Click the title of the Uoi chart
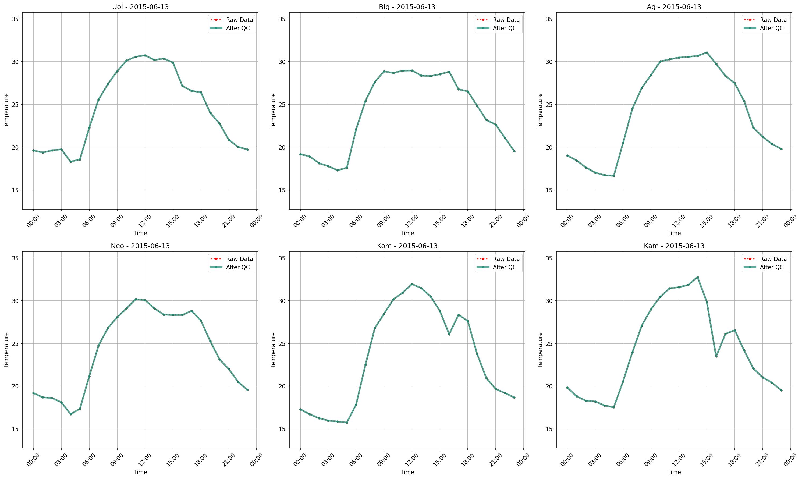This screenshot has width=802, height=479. click(x=140, y=7)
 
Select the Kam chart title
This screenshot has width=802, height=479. click(x=674, y=246)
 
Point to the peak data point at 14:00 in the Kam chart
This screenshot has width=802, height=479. click(x=697, y=277)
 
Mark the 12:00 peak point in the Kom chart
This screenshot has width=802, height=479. click(x=412, y=284)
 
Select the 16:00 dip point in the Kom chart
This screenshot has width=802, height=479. click(x=449, y=334)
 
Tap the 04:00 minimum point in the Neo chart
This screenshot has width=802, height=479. click(x=71, y=414)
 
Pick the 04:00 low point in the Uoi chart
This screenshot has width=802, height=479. click(x=71, y=161)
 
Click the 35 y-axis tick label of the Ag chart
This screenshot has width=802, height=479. click(x=549, y=19)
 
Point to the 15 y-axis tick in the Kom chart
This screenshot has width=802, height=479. click(x=282, y=429)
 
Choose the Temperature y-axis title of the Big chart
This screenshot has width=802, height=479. click(x=273, y=111)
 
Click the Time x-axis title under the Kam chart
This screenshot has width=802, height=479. click(x=674, y=472)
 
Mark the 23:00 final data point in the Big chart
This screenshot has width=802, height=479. click(x=514, y=151)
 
